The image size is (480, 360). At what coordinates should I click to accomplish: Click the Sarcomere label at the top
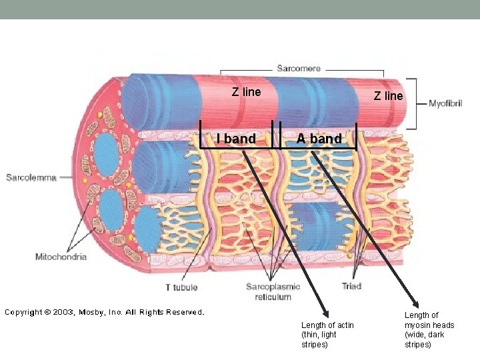point(299,68)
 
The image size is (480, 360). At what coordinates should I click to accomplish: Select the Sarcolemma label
point(31,177)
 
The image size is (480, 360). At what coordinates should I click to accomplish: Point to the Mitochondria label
point(61,257)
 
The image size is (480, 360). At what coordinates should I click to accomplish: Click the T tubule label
point(181,287)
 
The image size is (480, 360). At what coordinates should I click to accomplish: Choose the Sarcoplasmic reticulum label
point(273,291)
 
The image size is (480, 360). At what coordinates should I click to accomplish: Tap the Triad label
point(351,286)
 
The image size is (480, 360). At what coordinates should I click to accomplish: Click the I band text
point(236,139)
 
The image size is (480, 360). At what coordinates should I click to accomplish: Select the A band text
point(319,139)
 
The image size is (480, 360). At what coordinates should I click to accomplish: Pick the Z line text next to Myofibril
point(388,96)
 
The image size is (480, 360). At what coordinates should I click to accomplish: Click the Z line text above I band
point(246,92)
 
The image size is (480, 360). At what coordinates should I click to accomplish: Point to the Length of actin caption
point(327,335)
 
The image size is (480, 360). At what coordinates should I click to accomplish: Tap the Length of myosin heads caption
point(429,330)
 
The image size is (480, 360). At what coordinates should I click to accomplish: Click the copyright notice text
point(105,312)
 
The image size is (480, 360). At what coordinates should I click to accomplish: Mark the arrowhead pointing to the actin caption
point(325,315)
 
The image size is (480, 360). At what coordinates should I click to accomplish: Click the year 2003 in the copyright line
point(65,312)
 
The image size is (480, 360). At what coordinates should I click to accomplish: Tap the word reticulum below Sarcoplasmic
point(273,297)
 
